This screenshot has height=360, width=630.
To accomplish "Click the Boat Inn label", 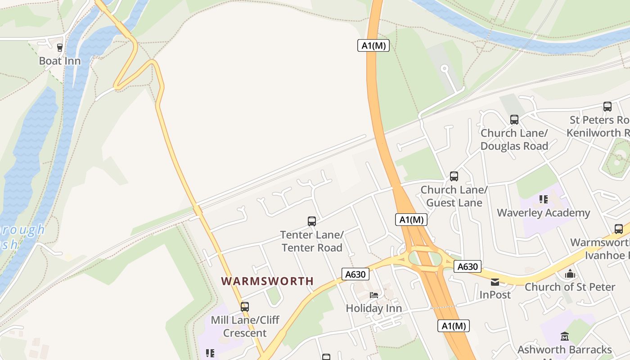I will pyautogui.click(x=60, y=61).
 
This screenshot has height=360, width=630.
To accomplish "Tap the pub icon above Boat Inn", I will pyautogui.click(x=59, y=47).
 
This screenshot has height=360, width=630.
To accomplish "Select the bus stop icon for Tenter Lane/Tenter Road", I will pyautogui.click(x=311, y=221).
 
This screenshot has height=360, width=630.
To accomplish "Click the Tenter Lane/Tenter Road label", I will pyautogui.click(x=312, y=241).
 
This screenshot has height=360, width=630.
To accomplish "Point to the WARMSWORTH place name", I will pyautogui.click(x=267, y=281).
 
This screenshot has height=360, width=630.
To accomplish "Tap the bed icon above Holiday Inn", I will pyautogui.click(x=373, y=295).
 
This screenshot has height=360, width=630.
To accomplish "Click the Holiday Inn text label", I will pyautogui.click(x=373, y=308).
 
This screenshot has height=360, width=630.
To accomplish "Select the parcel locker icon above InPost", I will pyautogui.click(x=495, y=282).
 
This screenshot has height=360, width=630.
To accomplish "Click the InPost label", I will pyautogui.click(x=495, y=295).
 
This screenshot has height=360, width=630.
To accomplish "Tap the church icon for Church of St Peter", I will pyautogui.click(x=570, y=274).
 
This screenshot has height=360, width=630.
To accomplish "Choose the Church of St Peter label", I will pyautogui.click(x=570, y=287).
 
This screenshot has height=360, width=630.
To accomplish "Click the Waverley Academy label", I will pyautogui.click(x=543, y=213).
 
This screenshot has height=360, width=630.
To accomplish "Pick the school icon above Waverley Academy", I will pyautogui.click(x=543, y=199).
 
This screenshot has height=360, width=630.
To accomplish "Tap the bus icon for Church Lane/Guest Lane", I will pyautogui.click(x=454, y=176).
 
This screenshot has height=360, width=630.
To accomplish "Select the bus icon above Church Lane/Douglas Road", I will pyautogui.click(x=514, y=120).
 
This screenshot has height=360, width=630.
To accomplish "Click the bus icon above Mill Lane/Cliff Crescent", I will pyautogui.click(x=244, y=307).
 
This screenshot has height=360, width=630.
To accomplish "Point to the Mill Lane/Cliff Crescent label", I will pyautogui.click(x=245, y=327).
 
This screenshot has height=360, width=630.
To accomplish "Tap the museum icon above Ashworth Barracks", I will pyautogui.click(x=564, y=336).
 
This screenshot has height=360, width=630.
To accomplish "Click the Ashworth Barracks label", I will pyautogui.click(x=564, y=350).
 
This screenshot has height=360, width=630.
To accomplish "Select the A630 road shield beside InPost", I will pyautogui.click(x=467, y=266).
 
